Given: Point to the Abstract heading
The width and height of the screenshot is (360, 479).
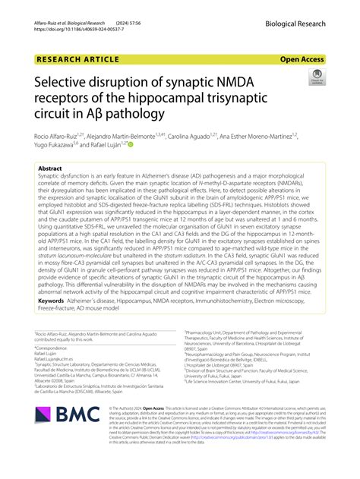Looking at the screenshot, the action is click(50, 169).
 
